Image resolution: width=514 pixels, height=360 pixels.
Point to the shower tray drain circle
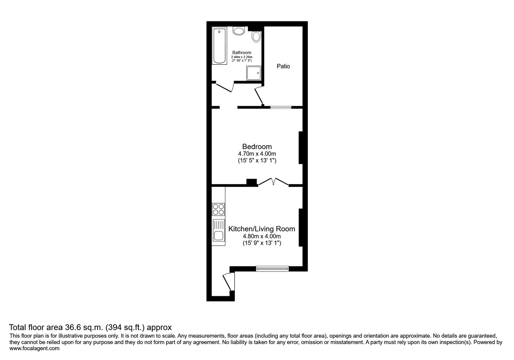coord(258,73)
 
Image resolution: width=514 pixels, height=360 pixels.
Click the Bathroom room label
coord(242,52)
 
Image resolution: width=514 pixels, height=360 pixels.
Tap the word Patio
coord(283,66)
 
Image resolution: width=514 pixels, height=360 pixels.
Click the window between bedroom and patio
coord(281,108)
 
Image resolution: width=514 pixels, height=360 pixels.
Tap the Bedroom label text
coord(257,147)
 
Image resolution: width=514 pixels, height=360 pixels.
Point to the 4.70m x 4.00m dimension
coord(257,154)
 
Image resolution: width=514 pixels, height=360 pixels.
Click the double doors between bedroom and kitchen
coord(273,182)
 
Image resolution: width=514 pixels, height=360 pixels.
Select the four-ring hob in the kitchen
coord(218,209)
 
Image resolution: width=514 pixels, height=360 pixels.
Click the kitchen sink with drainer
coord(218,232)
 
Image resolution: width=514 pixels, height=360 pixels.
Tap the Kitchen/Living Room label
coord(262,229)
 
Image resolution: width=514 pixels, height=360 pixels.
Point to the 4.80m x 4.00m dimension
coord(262,236)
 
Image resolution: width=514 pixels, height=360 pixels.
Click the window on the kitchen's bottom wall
coord(272,268)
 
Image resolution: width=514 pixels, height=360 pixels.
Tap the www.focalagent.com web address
coord(34,348)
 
